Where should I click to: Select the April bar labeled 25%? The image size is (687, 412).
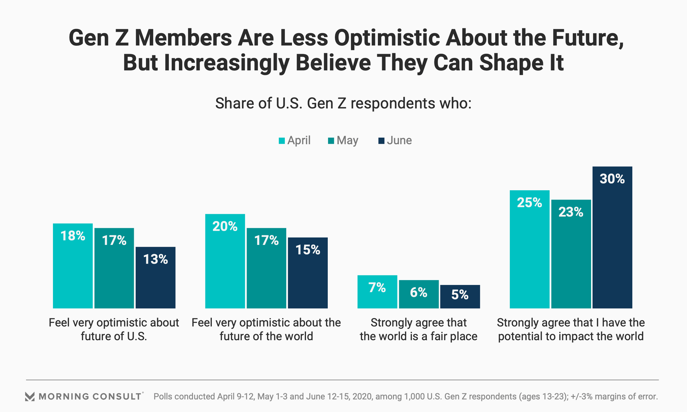pyautogui.click(x=530, y=249)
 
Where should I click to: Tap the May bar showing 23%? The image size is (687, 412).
pyautogui.click(x=571, y=254)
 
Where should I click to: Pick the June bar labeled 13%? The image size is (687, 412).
pyautogui.click(x=156, y=278)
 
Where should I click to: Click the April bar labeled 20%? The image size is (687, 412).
pyautogui.click(x=225, y=261)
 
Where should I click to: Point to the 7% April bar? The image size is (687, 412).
pyautogui.click(x=377, y=292)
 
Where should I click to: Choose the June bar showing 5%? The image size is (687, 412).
pyautogui.click(x=460, y=296)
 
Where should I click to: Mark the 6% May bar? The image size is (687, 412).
pyautogui.click(x=419, y=294)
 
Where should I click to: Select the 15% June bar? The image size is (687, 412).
pyautogui.click(x=308, y=273)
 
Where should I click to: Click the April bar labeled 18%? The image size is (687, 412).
pyautogui.click(x=73, y=266)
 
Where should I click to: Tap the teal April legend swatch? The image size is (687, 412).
pyautogui.click(x=282, y=141)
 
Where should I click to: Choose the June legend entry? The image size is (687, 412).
pyautogui.click(x=395, y=141)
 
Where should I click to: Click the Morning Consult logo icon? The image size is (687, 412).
pyautogui.click(x=30, y=396)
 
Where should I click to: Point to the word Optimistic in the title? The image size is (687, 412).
pyautogui.click(x=386, y=38)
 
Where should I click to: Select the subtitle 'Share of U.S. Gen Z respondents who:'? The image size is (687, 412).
pyautogui.click(x=343, y=103)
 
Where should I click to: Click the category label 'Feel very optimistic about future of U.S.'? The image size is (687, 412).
pyautogui.click(x=114, y=329)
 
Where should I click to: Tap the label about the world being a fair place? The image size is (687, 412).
pyautogui.click(x=419, y=329)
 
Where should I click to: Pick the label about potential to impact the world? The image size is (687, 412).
pyautogui.click(x=571, y=329)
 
